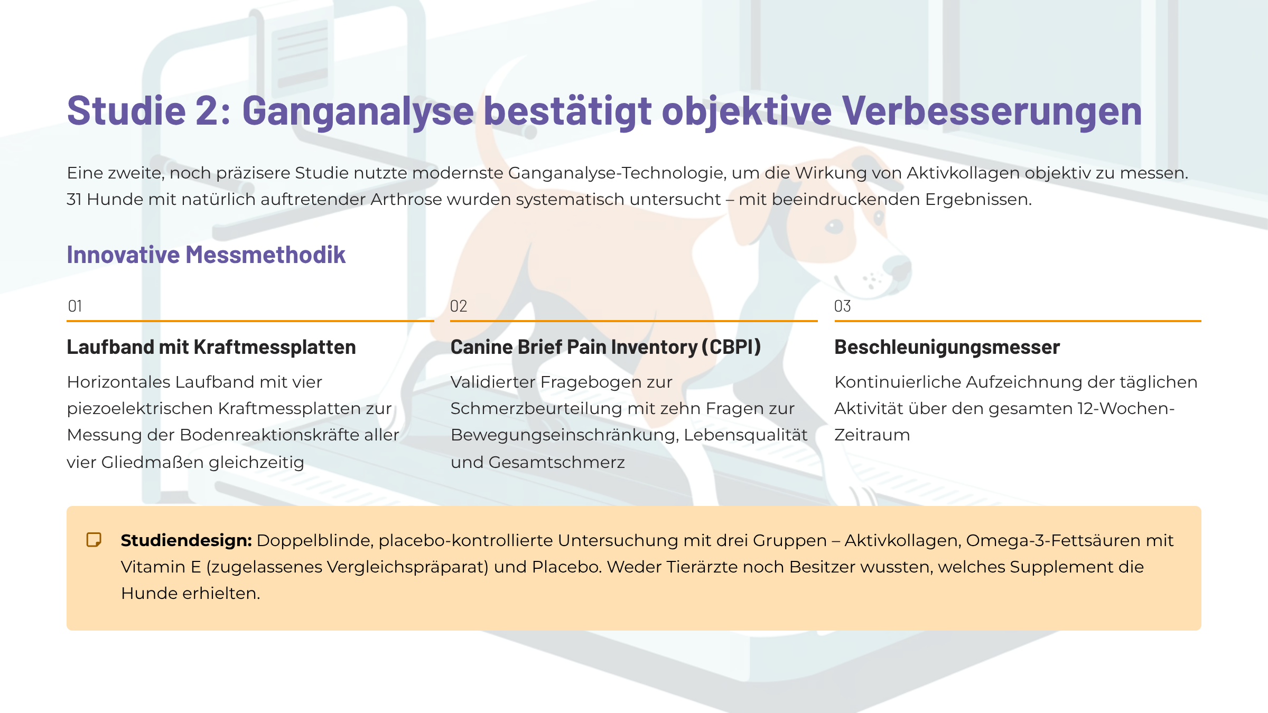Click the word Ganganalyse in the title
click(358, 111)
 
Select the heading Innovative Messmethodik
click(206, 255)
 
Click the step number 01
click(75, 306)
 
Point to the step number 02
click(459, 306)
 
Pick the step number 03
click(843, 306)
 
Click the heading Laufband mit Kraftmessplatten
click(211, 347)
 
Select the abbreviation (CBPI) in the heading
click(731, 347)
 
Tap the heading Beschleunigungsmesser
click(947, 347)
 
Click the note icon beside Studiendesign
click(94, 540)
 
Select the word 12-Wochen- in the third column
click(1126, 409)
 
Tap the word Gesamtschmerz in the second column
click(557, 463)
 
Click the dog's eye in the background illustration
click(834, 227)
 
